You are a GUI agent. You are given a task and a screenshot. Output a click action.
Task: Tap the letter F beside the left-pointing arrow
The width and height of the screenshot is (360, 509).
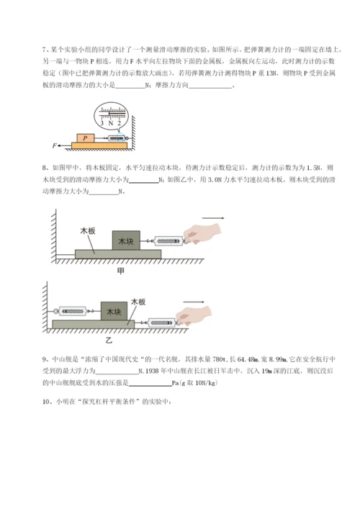(x=55, y=146)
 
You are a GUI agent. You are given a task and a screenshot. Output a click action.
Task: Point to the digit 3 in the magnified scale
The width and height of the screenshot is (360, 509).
(x=102, y=123)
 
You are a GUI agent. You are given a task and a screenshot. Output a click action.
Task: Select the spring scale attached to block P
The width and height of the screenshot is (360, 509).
(x=115, y=138)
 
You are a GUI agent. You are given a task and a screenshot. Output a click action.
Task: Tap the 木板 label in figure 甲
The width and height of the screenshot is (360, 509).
(x=88, y=232)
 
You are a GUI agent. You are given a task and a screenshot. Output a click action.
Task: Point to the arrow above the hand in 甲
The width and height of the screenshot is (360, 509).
(x=213, y=218)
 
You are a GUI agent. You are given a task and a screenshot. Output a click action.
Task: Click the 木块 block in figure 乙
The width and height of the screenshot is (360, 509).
(x=114, y=312)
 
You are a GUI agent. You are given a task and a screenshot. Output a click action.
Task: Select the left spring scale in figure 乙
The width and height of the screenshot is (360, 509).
(x=72, y=312)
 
